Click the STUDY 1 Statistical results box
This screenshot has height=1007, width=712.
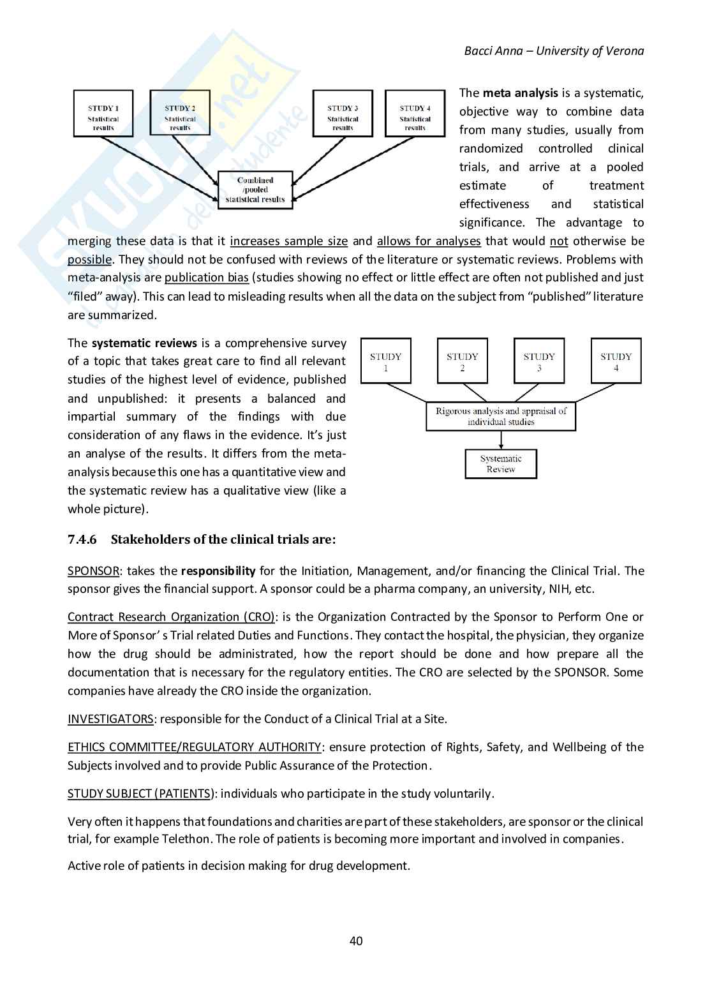click(x=103, y=114)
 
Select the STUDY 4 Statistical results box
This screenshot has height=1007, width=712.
click(x=415, y=114)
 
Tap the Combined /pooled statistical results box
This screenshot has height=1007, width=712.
click(x=255, y=190)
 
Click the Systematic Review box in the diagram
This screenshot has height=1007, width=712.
click(x=501, y=464)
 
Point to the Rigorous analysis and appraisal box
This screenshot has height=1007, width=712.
click(x=501, y=417)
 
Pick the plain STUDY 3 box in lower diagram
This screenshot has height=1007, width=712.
click(x=539, y=361)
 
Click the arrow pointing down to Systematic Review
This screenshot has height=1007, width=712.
click(x=501, y=440)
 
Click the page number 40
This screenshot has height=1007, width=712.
click(x=356, y=941)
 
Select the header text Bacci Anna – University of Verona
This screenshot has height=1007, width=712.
click(x=554, y=51)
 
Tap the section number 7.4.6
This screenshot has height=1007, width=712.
click(x=82, y=539)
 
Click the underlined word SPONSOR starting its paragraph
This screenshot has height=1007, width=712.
click(x=93, y=571)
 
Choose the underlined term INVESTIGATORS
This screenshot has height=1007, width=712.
click(x=110, y=719)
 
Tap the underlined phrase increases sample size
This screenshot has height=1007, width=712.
click(x=288, y=241)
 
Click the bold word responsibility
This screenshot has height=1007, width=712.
click(x=218, y=571)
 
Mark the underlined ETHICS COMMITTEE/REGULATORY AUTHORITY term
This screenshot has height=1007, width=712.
click(x=194, y=747)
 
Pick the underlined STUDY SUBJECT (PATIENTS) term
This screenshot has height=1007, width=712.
click(x=140, y=794)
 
